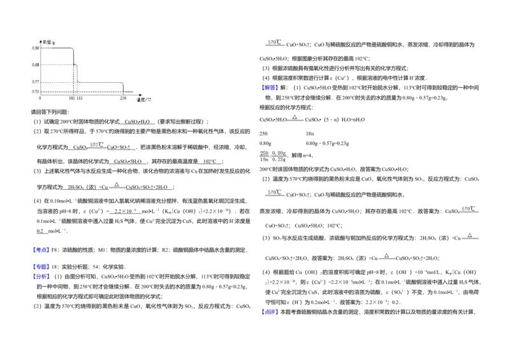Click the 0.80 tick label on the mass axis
(x=36, y=48)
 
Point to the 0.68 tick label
(x=36, y=64)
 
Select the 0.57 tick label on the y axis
(x=36, y=82)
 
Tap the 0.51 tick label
(x=36, y=92)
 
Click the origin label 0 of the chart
(x=40, y=98)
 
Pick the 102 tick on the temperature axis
(x=71, y=98)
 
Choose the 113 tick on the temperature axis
(x=80, y=98)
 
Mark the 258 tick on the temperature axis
(x=123, y=98)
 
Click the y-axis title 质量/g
(x=48, y=41)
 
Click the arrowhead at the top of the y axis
(x=41, y=39)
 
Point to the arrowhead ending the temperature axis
(x=140, y=94)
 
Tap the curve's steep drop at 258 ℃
(x=123, y=87)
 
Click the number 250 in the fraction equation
(x=264, y=153)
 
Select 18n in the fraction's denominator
(x=264, y=159)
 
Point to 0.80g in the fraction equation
(x=279, y=153)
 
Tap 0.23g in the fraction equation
(x=279, y=159)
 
